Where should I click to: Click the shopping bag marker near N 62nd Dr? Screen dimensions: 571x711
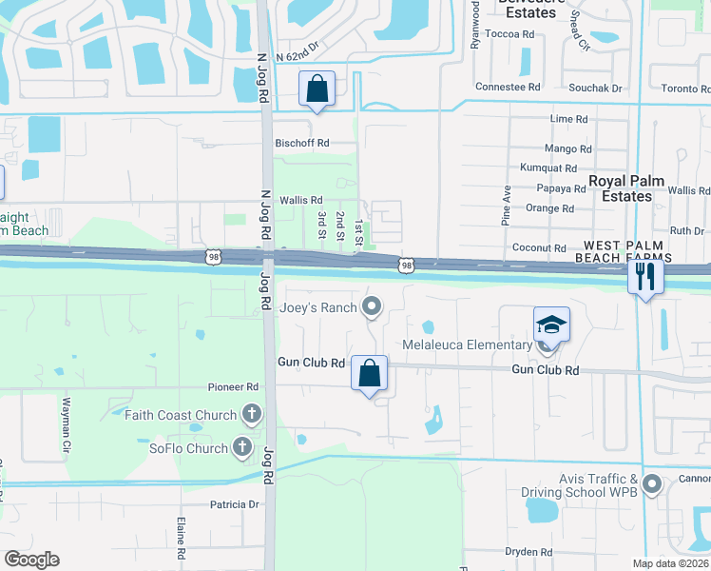317,89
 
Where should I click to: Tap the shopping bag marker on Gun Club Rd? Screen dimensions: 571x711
369,372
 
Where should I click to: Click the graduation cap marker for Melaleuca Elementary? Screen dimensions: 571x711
551,325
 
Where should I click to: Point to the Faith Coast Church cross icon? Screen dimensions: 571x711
251,414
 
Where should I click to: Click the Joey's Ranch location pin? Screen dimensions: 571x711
372,306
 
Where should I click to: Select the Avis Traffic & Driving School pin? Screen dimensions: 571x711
651,484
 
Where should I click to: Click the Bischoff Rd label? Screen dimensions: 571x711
301,143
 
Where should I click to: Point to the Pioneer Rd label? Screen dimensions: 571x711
234,387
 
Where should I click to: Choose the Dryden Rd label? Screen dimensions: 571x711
528,552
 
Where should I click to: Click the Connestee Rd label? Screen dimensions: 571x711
508,87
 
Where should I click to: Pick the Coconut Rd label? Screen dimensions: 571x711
539,247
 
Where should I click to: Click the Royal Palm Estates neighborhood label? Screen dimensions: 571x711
621,188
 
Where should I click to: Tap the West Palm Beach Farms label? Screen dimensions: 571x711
623,251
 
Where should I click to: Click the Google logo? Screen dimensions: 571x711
31,560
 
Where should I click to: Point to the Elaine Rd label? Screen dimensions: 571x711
180,538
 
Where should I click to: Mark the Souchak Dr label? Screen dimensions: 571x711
596,88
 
